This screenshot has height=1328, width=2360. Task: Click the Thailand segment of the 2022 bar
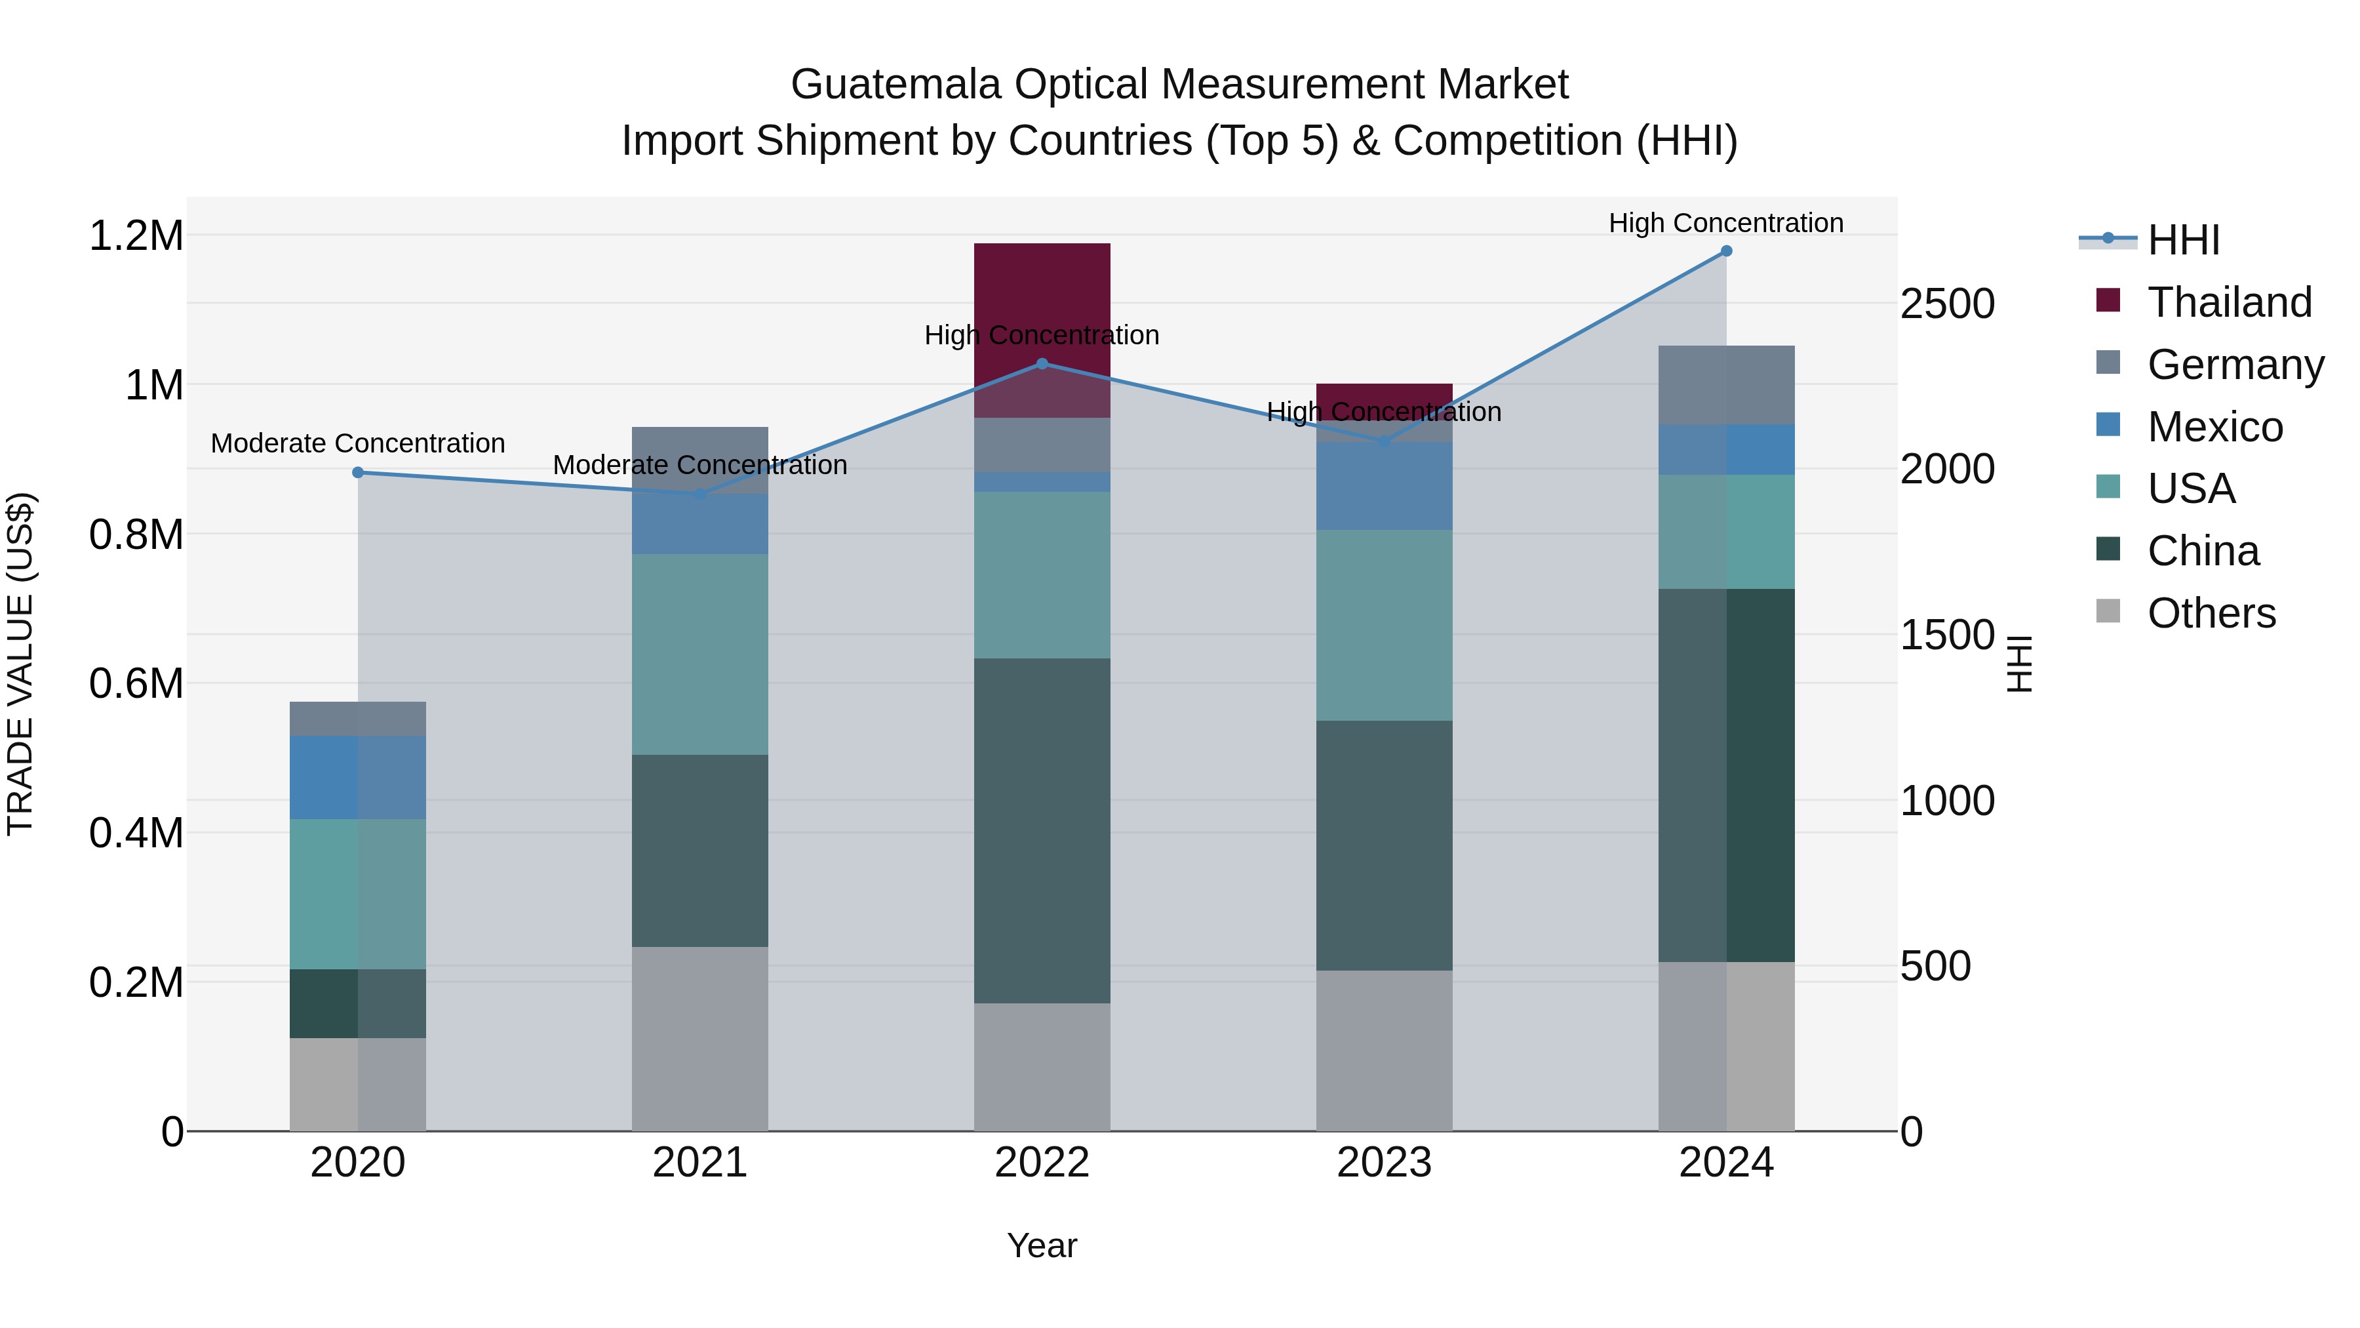pos(1042,284)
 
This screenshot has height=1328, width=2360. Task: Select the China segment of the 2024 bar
pos(1726,775)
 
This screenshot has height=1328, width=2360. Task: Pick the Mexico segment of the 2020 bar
pos(357,777)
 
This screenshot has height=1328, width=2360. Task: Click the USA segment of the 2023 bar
pos(1383,625)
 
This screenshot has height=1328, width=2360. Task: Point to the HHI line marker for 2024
pos(1726,251)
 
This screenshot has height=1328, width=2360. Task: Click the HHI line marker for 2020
pos(358,473)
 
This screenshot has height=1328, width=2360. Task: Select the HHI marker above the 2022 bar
pos(1042,364)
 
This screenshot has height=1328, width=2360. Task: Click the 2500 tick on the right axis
pos(1948,304)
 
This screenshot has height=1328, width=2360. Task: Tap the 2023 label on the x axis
pos(1383,1163)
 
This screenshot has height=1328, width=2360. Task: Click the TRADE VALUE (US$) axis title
pos(20,664)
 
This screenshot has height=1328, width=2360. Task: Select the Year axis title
pos(1042,1245)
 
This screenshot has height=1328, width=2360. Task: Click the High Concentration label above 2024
pos(1726,223)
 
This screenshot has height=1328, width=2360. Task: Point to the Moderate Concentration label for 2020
pos(357,443)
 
